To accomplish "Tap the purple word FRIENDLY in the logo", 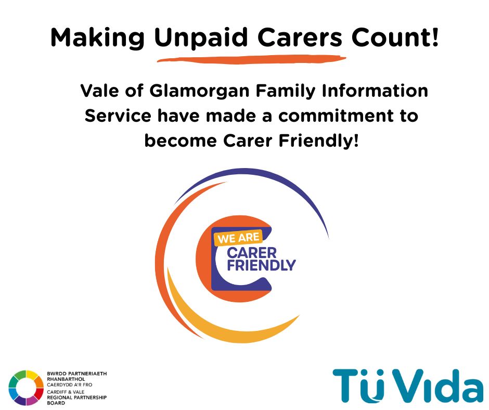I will (x=261, y=266).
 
